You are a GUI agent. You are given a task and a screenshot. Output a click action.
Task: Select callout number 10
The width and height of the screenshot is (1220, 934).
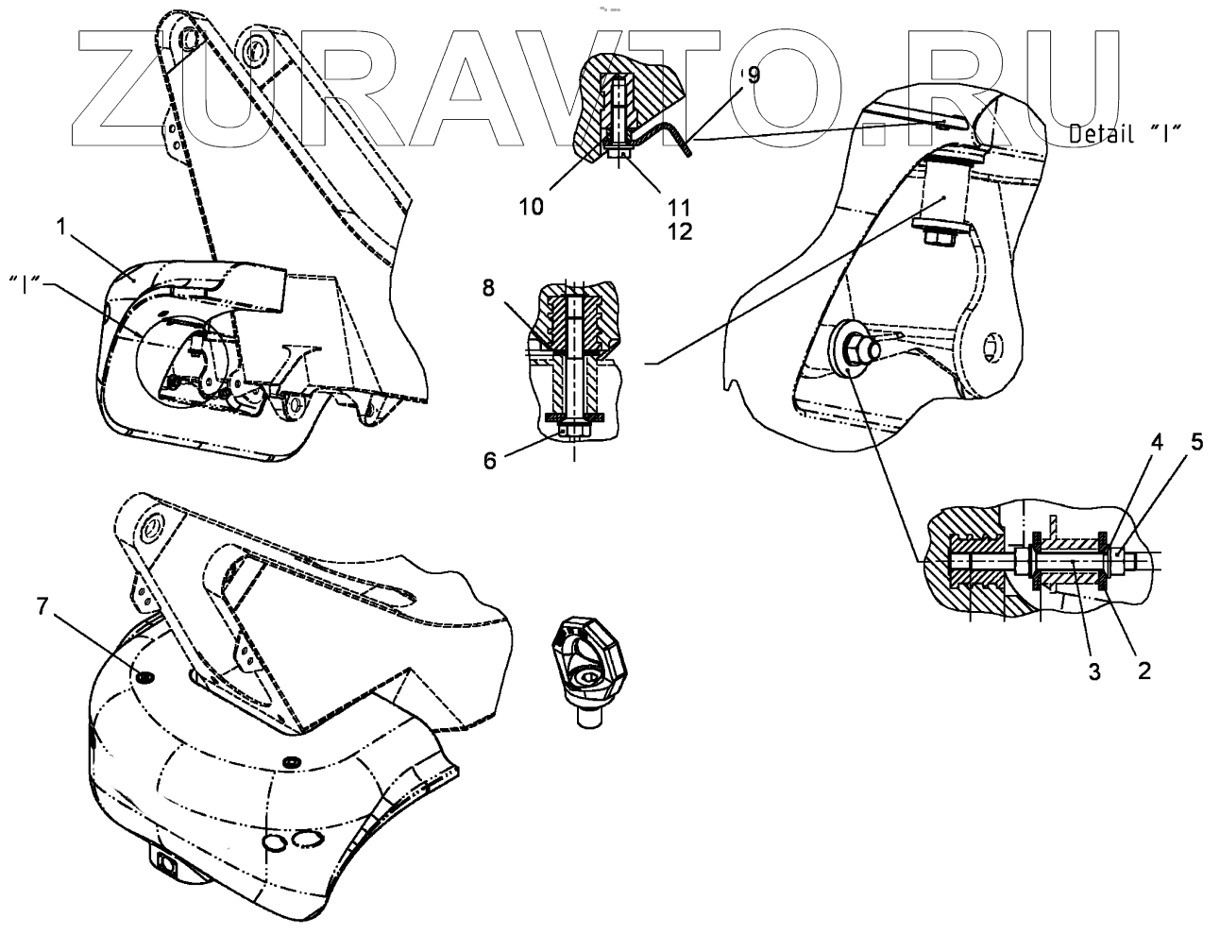pyautogui.click(x=532, y=206)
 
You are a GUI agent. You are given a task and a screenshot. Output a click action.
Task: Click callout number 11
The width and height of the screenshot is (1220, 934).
pyautogui.click(x=678, y=206)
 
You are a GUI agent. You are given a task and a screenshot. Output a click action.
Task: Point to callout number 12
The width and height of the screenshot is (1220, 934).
pyautogui.click(x=678, y=229)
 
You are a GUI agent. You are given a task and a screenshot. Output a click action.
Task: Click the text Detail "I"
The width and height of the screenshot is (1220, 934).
pyautogui.click(x=1127, y=135)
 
